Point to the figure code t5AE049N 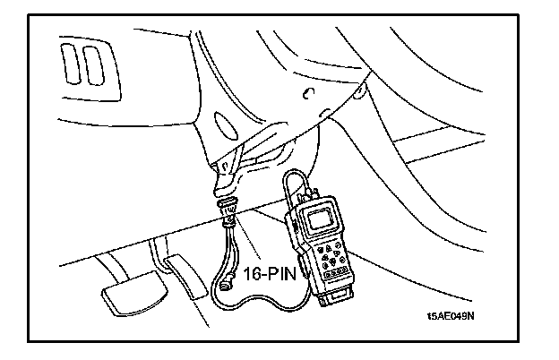coord(451,315)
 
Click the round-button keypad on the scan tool coord(331,249)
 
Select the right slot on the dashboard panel coord(93,62)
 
